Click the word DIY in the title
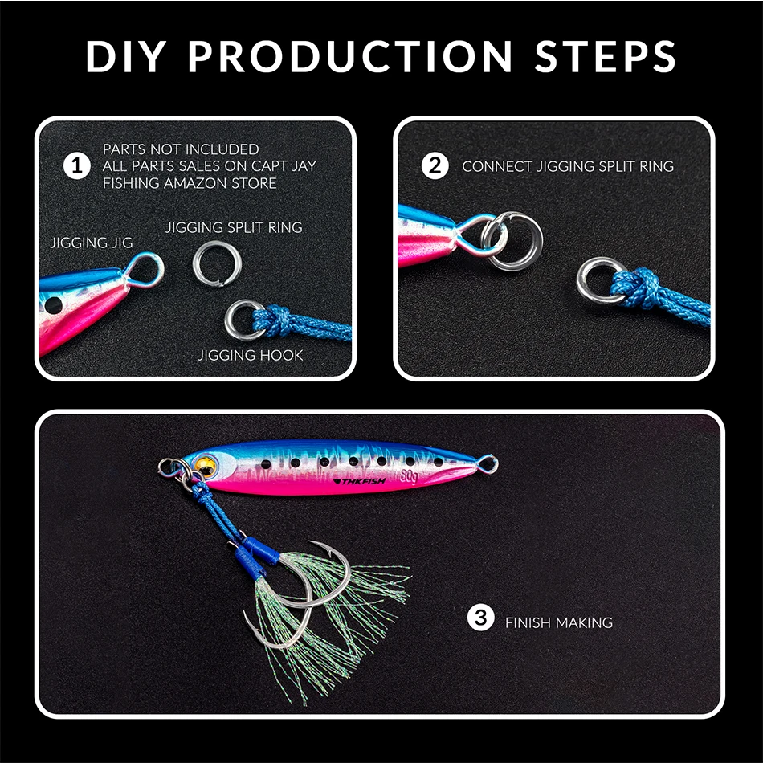coord(126,56)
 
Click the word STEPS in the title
coord(605,56)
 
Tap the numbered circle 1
coord(77,166)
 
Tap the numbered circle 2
coord(435,166)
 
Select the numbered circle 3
coord(481,618)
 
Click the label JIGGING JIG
coord(92,243)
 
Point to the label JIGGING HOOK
coord(250,355)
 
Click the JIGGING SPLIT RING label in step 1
coord(234,227)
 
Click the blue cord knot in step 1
coord(272,320)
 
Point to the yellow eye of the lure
coord(206,466)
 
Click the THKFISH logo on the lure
coord(359,481)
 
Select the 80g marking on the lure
coord(410,476)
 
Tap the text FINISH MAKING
coord(559,622)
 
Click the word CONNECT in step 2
coord(497,166)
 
